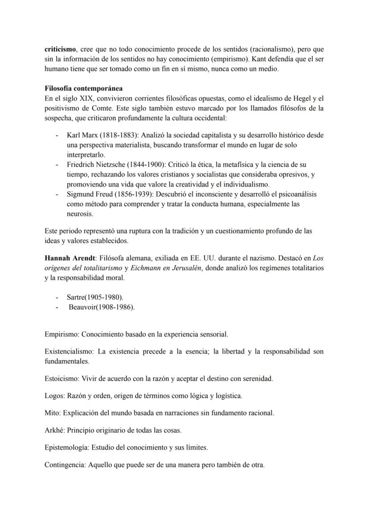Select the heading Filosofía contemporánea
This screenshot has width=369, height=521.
click(84, 88)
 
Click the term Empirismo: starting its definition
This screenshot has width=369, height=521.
click(62, 334)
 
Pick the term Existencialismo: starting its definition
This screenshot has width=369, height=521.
click(69, 352)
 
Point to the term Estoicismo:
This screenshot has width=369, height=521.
click(62, 379)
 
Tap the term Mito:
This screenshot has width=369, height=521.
click(53, 413)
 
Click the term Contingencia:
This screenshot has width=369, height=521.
click(65, 465)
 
